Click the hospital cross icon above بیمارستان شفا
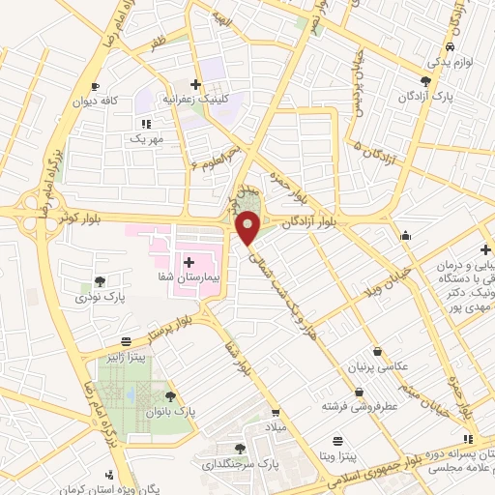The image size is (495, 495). coord(189,262)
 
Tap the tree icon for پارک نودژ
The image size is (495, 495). coord(100,281)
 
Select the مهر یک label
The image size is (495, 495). coord(146,139)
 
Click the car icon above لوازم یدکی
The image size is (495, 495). coord(451,47)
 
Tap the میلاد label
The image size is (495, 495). coord(277,426)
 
